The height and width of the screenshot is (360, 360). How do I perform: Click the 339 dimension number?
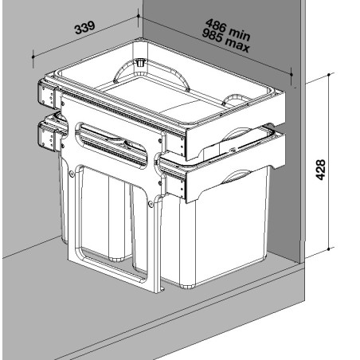point(84,28)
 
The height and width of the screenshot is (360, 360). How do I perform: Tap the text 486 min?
point(228,29)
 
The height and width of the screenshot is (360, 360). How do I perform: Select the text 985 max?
point(225,41)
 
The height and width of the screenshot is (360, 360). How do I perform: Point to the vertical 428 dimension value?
point(321,170)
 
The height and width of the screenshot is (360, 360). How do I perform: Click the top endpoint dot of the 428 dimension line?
point(329,75)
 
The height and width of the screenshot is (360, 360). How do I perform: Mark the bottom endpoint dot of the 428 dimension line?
point(329,249)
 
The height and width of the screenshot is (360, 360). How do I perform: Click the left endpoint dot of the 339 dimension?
point(33,57)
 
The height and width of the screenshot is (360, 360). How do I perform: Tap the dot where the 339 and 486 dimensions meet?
point(139,16)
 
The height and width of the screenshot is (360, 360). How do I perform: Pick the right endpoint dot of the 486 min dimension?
point(292,75)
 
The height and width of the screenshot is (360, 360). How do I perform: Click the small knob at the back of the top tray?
point(139,63)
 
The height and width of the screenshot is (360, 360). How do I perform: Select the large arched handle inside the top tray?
point(151,72)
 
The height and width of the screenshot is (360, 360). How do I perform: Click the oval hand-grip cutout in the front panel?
point(111,145)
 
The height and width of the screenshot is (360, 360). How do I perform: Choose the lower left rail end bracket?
point(49,136)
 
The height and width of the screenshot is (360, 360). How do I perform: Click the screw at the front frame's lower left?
point(72,174)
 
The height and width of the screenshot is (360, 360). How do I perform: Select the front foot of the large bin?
point(188,286)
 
